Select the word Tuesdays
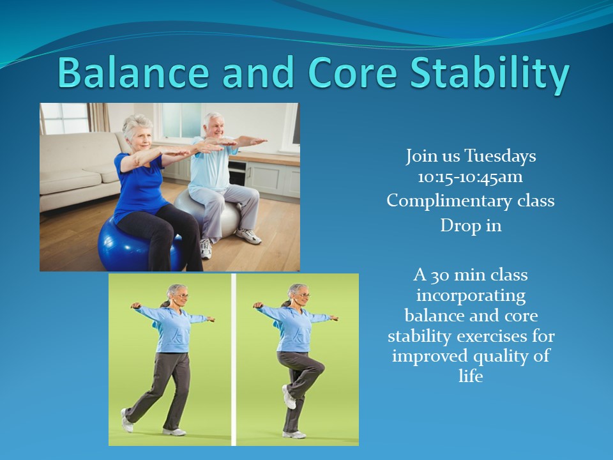pyautogui.click(x=500, y=156)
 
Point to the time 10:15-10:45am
pyautogui.click(x=471, y=177)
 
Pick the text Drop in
pyautogui.click(x=471, y=226)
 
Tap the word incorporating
pyautogui.click(x=471, y=296)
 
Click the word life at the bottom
pyautogui.click(x=471, y=376)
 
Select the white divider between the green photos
pyautogui.click(x=234, y=360)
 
